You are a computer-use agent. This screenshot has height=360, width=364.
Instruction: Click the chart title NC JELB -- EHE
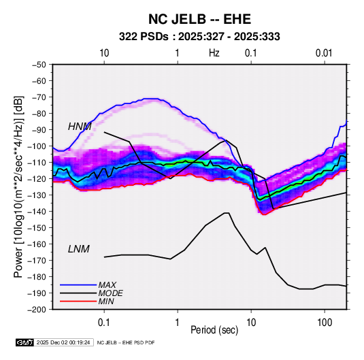pyautogui.click(x=199, y=19)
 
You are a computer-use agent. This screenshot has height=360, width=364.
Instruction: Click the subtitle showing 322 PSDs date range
pyautogui.click(x=199, y=37)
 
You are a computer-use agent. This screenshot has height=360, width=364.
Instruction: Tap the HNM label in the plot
pyautogui.click(x=80, y=127)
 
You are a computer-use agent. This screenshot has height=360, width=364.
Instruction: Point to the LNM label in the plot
pyautogui.click(x=79, y=249)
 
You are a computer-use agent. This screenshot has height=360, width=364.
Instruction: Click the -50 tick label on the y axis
pyautogui.click(x=39, y=65)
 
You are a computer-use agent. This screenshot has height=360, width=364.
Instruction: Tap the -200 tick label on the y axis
pyautogui.click(x=37, y=310)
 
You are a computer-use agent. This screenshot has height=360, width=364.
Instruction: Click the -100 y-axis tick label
pyautogui.click(x=37, y=146)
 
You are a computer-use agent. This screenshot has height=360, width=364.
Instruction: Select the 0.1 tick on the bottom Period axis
pyautogui.click(x=104, y=323)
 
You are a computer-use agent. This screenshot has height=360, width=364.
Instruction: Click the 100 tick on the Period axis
pyautogui.click(x=325, y=323)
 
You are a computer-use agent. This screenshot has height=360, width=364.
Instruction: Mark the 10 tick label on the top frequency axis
pyautogui.click(x=104, y=53)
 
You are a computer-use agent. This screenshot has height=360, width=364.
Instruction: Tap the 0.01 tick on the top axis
pyautogui.click(x=324, y=53)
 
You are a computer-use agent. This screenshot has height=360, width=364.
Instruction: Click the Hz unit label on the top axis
pyautogui.click(x=214, y=53)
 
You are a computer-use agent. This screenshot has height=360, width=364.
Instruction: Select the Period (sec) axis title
pyautogui.click(x=214, y=330)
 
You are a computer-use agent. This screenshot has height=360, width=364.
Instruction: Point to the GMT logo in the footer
pyautogui.click(x=25, y=342)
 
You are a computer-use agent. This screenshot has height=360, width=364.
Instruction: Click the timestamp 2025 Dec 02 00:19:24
pyautogui.click(x=63, y=342)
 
